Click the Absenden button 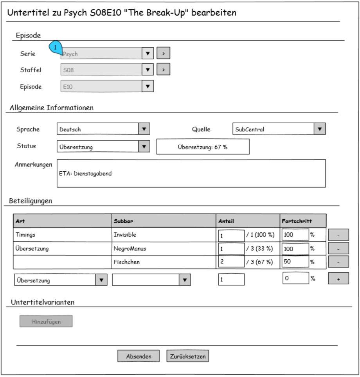point(139,356)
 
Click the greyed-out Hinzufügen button point(46,321)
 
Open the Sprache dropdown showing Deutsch point(103,129)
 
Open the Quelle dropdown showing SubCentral point(279,129)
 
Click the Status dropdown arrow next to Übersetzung point(144,147)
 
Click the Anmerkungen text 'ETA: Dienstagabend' point(85,174)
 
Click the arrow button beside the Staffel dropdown point(163,70)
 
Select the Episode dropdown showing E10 point(107,86)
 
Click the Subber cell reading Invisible point(124,235)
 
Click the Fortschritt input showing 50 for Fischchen point(295,262)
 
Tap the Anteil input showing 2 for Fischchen point(231,262)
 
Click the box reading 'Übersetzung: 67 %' point(203,147)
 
